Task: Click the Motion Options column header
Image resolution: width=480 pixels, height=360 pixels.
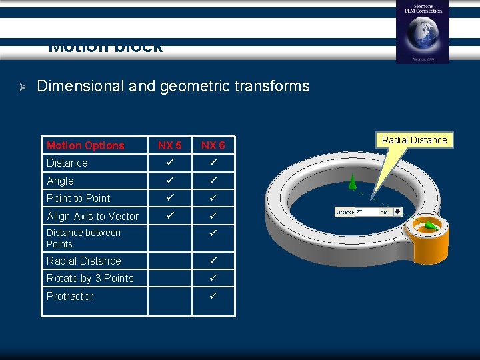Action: [x=85, y=145]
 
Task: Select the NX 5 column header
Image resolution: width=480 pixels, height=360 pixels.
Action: [x=169, y=145]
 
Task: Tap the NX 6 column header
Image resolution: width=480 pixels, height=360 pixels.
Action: [x=213, y=145]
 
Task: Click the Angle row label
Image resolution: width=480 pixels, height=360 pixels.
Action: [x=60, y=181]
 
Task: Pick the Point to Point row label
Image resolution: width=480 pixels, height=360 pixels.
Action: [x=78, y=198]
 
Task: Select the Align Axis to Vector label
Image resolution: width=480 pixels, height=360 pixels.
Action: [x=93, y=216]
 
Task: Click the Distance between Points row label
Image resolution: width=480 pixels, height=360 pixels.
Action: [x=83, y=238]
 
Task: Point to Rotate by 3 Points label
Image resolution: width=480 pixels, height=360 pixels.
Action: [x=90, y=278]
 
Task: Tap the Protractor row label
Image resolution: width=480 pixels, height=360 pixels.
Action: [x=70, y=296]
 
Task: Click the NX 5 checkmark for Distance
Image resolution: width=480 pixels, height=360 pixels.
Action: [x=169, y=163]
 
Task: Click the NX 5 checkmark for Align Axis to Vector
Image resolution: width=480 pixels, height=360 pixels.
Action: [x=169, y=215]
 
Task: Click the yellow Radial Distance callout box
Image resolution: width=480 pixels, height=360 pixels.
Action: [x=414, y=140]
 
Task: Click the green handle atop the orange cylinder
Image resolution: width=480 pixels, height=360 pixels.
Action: [x=431, y=227]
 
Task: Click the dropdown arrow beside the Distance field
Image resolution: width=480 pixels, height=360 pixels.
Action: [x=398, y=212]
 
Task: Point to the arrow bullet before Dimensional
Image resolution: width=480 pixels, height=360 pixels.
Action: [x=21, y=87]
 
